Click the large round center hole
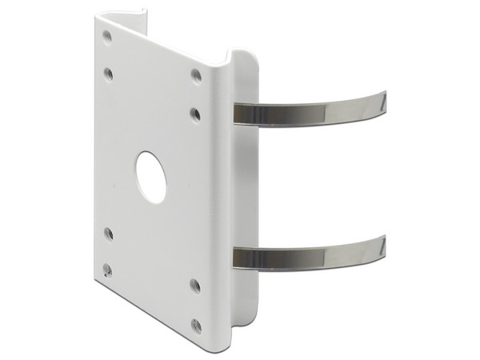pos(150,175)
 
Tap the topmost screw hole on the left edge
pos(107,36)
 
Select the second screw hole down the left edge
pos(109,74)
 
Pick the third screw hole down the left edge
pos(109,234)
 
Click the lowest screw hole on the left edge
pos(108,270)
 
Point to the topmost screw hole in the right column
pos(196,75)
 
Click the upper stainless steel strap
pos(312,109)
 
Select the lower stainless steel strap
pos(312,254)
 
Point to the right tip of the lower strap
pos(384,242)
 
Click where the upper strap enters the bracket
pos(237,113)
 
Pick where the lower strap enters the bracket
pos(237,257)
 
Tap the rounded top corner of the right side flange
pos(244,56)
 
